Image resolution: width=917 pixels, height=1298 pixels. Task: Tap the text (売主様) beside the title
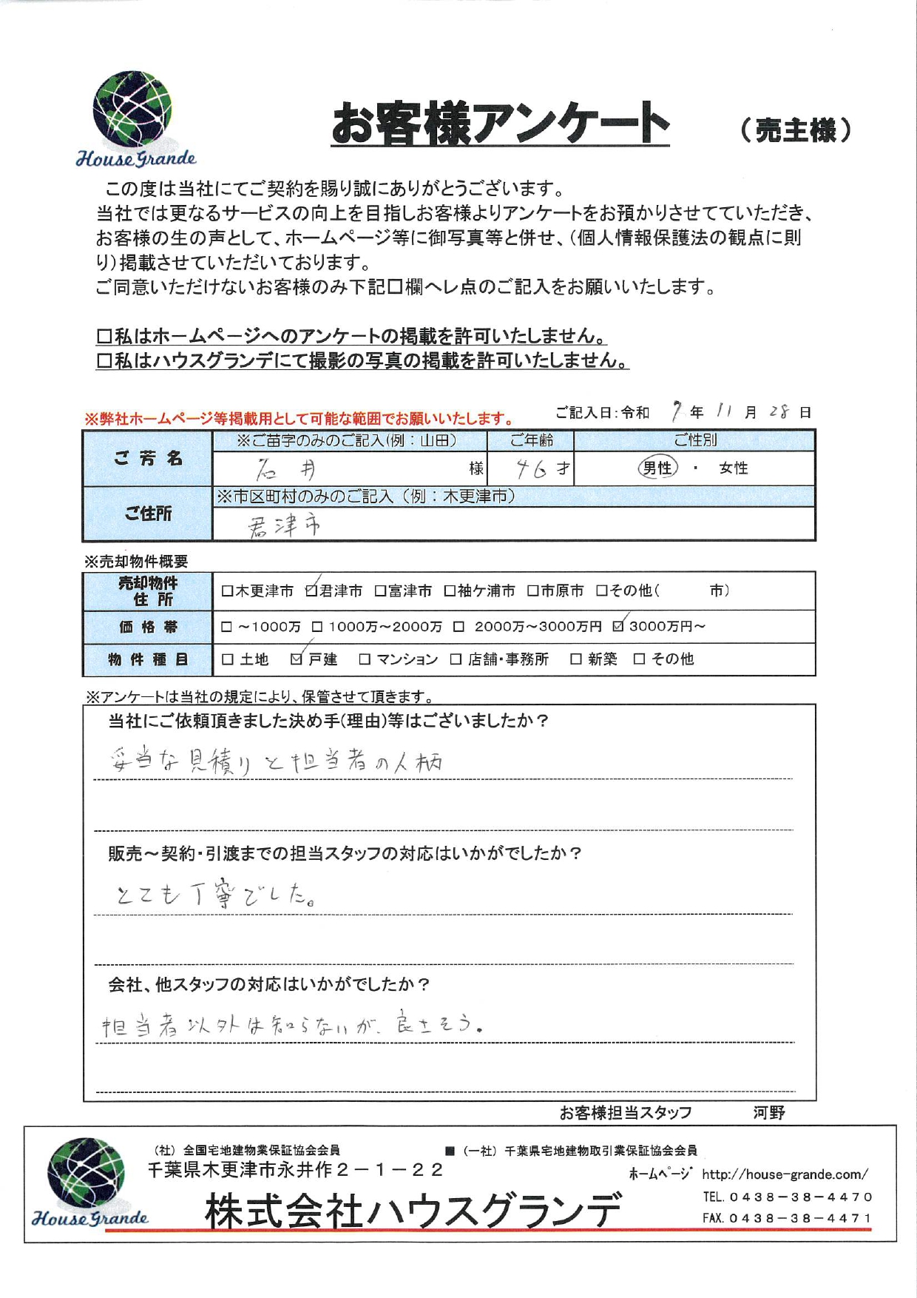(796, 130)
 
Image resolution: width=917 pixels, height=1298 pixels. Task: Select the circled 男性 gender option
(657, 468)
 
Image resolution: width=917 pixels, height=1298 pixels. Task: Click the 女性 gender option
(733, 468)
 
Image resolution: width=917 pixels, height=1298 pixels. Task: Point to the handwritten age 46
(532, 468)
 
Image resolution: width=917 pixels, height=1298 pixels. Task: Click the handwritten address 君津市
(284, 526)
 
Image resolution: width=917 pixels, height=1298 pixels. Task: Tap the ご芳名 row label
(148, 459)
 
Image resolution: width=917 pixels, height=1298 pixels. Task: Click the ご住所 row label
(148, 514)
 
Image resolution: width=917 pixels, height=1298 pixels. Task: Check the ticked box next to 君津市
(311, 591)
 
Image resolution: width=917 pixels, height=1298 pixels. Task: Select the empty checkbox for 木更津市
(228, 591)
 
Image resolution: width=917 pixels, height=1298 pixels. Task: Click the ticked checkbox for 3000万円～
(619, 626)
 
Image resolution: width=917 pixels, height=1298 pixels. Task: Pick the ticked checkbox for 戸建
(297, 659)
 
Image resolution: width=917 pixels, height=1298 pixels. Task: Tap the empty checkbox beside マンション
(365, 659)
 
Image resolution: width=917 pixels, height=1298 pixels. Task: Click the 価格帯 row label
(148, 627)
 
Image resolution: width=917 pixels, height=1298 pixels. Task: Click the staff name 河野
(769, 1112)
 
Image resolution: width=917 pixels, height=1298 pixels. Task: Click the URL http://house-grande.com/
(785, 1174)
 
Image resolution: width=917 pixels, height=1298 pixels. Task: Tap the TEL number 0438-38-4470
(800, 1197)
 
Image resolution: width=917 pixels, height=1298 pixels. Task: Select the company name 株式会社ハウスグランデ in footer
(413, 1211)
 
